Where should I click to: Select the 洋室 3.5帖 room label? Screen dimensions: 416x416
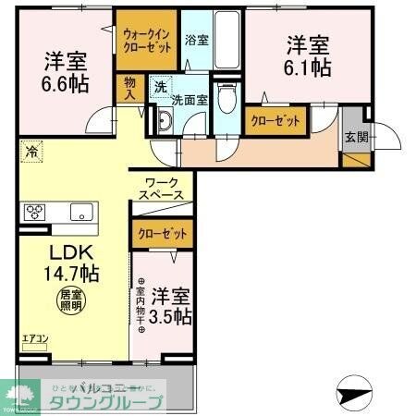[172, 305]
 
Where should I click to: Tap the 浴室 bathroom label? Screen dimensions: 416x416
[195, 41]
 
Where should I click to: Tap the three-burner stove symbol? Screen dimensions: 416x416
[36, 211]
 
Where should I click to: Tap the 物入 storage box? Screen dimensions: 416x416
[129, 86]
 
